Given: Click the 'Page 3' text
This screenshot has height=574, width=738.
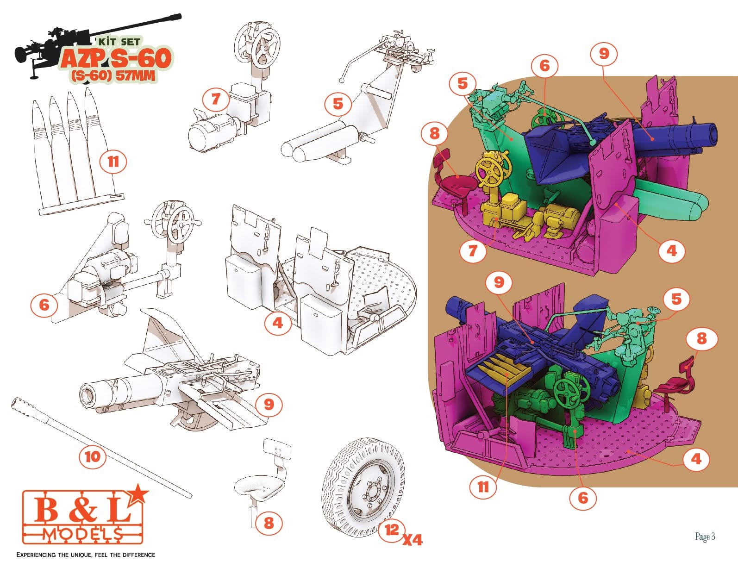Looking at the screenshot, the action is click(705, 537).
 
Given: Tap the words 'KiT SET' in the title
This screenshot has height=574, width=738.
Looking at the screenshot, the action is click(119, 42).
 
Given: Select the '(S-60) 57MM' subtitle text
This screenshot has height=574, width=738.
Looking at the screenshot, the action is click(113, 76).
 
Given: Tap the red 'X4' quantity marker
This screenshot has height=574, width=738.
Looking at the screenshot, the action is click(413, 539).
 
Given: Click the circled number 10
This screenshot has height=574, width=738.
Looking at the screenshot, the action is click(93, 456).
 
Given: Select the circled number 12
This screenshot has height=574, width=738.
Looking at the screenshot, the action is click(392, 530).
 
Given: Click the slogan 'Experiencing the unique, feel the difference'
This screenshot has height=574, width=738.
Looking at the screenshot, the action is click(86, 555).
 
